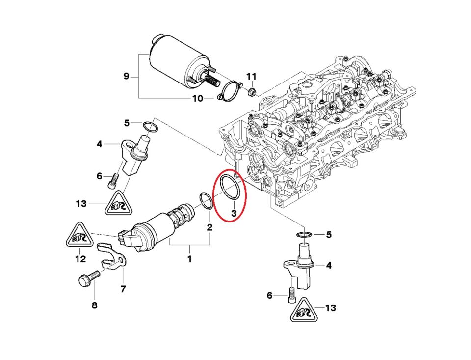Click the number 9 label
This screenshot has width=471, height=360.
click(126, 76)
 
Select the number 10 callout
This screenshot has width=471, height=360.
click(197, 98)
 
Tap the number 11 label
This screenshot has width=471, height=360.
click(251, 77)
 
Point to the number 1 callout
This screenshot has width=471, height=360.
click(189, 259)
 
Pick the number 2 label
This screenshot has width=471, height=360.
click(209, 227)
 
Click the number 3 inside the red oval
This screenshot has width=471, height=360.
click(234, 213)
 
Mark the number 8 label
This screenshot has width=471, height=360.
click(94, 305)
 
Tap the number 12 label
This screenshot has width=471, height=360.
click(80, 259)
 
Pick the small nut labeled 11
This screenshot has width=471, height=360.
click(251, 92)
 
